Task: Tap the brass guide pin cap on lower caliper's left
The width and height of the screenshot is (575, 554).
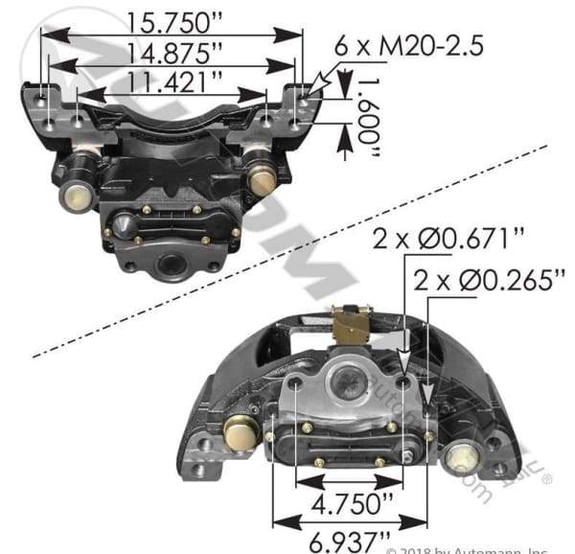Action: (x=240, y=433)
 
